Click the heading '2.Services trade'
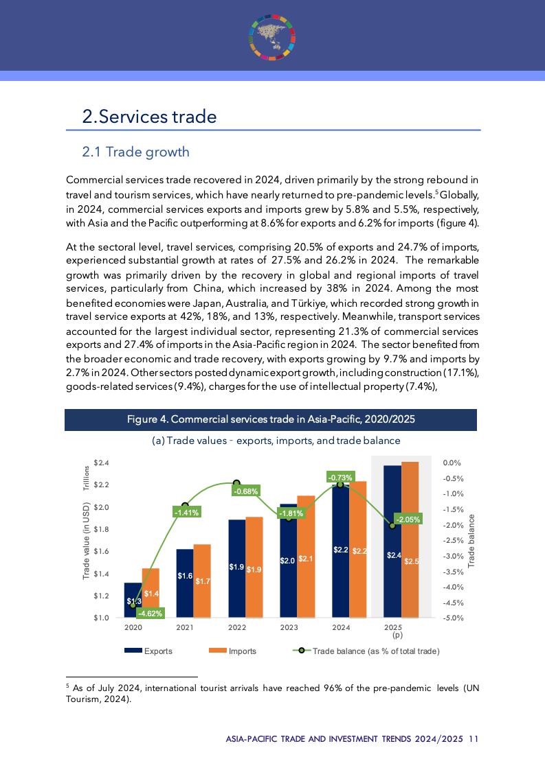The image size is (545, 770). (x=149, y=117)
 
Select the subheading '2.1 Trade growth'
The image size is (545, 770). (x=135, y=152)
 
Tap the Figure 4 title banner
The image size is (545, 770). (x=271, y=419)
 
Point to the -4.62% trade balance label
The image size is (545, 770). (x=150, y=614)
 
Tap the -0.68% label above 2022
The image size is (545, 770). (x=245, y=491)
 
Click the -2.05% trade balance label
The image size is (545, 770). (x=408, y=520)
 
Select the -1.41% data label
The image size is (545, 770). (x=186, y=512)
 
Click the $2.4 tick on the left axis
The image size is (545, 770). (x=100, y=463)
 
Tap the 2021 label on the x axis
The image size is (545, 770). (x=185, y=627)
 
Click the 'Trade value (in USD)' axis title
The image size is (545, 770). (x=87, y=541)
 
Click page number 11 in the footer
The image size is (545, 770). (x=474, y=739)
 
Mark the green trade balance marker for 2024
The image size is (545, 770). (x=340, y=485)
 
